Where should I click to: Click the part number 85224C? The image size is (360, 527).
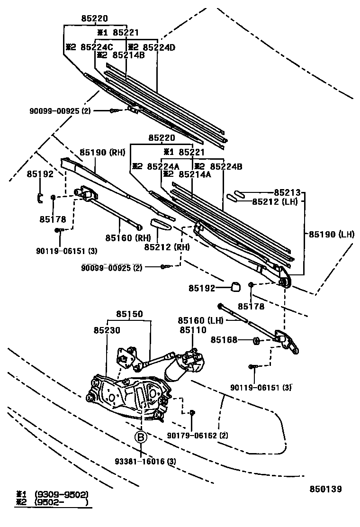point(97,47)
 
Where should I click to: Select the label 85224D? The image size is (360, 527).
point(159,47)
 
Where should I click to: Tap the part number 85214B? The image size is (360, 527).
point(128,55)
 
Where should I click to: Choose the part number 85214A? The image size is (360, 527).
point(194,174)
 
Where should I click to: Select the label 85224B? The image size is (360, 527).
point(226,166)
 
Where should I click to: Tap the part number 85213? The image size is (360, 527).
point(288,192)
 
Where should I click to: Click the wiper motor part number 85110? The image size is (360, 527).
point(192,330)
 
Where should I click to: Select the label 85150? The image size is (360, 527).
point(130,314)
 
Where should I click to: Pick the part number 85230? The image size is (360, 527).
point(107,330)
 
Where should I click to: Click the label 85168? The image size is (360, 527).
point(224,340)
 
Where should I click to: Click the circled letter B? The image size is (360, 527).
point(140,438)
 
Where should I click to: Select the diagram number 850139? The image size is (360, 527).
point(325,489)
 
